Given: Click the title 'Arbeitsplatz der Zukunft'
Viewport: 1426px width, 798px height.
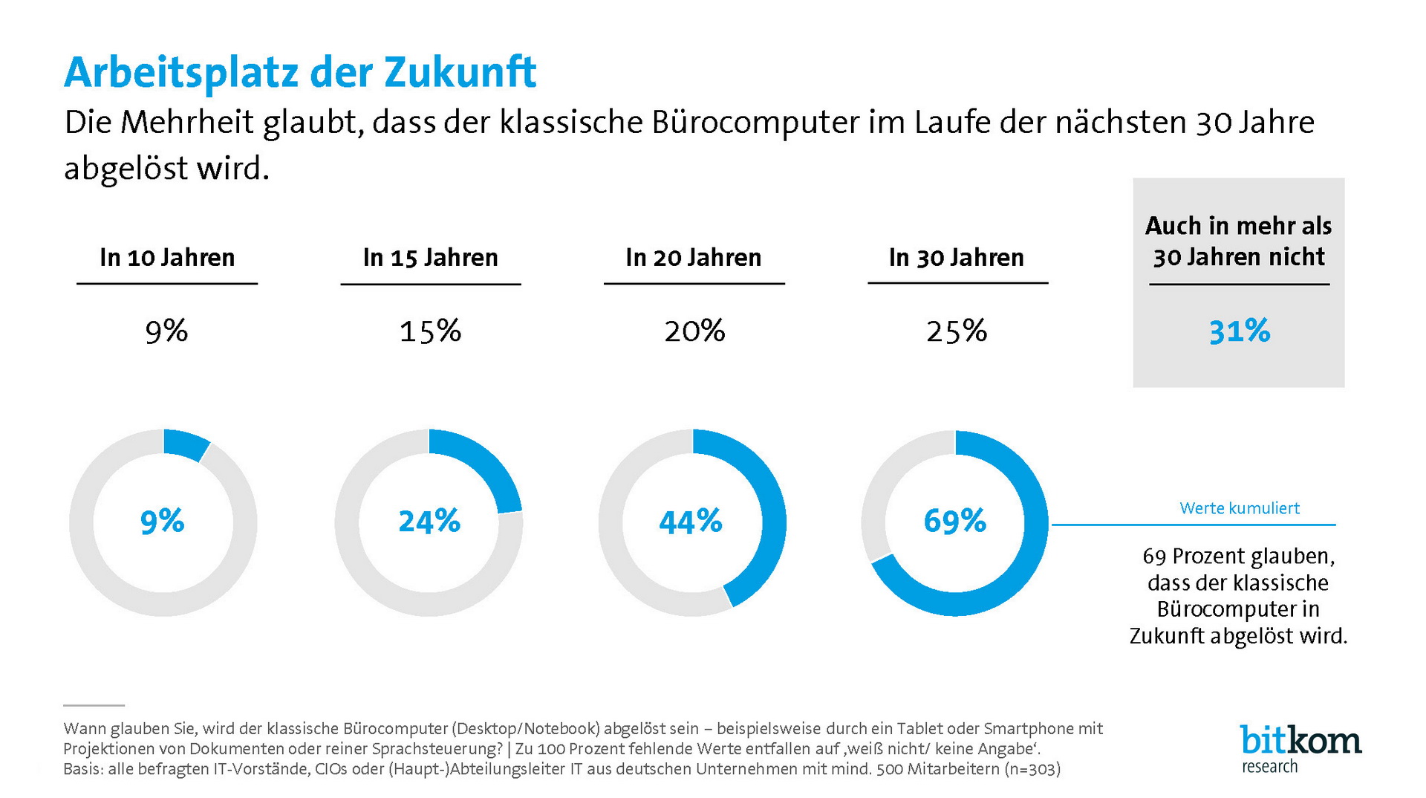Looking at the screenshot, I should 300,73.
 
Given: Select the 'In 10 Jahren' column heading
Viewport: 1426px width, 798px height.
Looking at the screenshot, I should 167,258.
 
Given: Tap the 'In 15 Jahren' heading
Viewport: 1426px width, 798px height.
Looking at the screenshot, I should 430,258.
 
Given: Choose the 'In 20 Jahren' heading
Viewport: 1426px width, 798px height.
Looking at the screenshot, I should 694,258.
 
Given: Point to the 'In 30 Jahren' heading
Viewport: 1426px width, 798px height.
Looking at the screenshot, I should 957,258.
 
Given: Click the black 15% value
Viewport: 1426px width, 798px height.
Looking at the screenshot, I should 430,331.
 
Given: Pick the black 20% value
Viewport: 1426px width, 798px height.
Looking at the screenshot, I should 694,331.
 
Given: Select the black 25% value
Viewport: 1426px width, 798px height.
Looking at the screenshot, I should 957,331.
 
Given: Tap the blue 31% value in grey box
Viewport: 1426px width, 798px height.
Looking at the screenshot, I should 1240,331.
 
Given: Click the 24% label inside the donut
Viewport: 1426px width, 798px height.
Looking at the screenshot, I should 429,522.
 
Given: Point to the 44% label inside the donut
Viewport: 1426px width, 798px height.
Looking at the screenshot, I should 691,522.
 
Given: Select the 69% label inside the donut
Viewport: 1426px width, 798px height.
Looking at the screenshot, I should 955,522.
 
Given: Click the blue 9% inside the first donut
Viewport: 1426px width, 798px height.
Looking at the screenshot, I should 162,522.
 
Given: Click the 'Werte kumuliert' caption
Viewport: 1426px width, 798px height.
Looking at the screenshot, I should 1240,508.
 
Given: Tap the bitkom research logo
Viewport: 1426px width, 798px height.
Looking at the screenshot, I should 1300,749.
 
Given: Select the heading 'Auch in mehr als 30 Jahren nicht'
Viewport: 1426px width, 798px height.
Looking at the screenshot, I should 1239,241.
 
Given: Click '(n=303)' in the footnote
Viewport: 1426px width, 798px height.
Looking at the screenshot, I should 1032,769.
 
